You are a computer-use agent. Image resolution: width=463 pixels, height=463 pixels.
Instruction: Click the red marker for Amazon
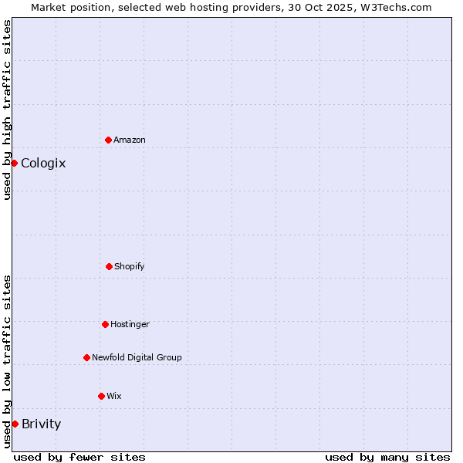click(x=108, y=140)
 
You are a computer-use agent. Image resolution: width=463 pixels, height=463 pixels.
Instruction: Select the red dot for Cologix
click(x=14, y=163)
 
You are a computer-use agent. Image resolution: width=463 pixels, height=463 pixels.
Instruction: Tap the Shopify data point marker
click(x=109, y=266)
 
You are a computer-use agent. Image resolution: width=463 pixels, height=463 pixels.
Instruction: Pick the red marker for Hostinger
click(x=105, y=324)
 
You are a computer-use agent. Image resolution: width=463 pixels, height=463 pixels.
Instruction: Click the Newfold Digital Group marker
click(x=86, y=357)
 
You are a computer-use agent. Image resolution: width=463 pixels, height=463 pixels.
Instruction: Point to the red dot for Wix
click(x=101, y=396)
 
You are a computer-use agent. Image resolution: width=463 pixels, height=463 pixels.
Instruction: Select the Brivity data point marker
click(x=15, y=424)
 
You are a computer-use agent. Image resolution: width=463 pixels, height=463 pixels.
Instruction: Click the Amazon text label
click(x=130, y=140)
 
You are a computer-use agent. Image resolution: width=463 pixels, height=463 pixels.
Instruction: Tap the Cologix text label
click(x=43, y=163)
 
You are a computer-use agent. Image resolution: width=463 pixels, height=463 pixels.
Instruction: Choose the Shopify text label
click(x=130, y=266)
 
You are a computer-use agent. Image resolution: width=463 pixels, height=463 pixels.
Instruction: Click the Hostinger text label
click(x=130, y=324)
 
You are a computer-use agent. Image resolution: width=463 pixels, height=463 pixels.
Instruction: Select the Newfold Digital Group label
click(x=137, y=357)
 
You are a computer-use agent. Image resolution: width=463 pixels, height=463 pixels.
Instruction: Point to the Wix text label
click(x=114, y=396)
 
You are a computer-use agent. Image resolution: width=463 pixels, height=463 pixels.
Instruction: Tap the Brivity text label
click(x=41, y=424)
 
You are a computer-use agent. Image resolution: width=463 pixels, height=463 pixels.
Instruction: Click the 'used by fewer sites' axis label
click(x=79, y=457)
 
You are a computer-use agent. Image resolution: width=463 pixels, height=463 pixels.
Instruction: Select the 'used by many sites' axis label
click(x=387, y=457)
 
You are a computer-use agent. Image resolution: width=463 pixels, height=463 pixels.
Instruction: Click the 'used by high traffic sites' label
click(x=7, y=110)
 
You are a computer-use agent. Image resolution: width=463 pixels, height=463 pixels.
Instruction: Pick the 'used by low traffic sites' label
click(x=7, y=361)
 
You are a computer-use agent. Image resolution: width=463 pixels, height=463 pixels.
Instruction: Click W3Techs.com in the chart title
click(x=397, y=7)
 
